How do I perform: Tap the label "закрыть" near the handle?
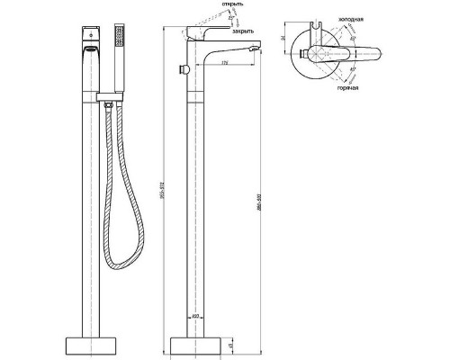click(x=242, y=31)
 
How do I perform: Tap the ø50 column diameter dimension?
click(x=196, y=316)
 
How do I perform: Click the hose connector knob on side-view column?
click(x=181, y=71)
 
